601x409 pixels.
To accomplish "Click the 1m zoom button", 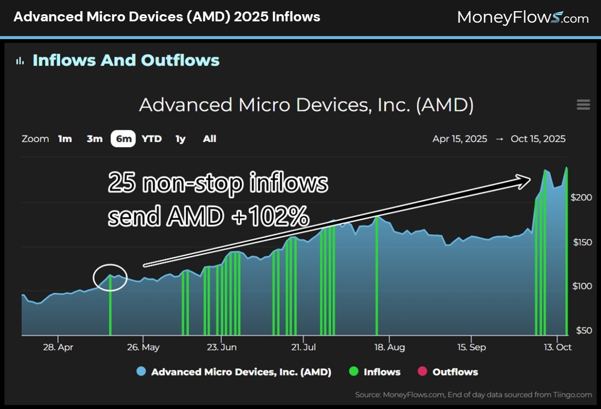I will click(x=65, y=139).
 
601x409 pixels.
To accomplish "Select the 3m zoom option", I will click(x=95, y=139).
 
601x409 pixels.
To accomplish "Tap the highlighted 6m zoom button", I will click(x=123, y=139).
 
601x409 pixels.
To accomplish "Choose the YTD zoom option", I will click(x=151, y=139).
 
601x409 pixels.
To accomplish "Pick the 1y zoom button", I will click(x=180, y=139).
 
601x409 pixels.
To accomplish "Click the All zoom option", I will click(x=209, y=139).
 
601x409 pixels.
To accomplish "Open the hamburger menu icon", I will click(x=583, y=104).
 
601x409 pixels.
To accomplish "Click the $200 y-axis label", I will click(x=581, y=197).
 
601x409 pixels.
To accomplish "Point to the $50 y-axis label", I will click(x=584, y=330).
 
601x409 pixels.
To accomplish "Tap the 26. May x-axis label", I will click(x=143, y=347).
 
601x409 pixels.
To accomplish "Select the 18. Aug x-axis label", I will click(x=390, y=347).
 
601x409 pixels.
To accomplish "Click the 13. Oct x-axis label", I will click(x=557, y=347).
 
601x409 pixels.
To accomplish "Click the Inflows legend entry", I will click(x=381, y=372).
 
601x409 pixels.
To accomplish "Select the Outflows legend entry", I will click(x=454, y=372).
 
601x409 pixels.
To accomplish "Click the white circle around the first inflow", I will click(x=110, y=277).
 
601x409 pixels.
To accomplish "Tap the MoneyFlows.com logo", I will click(x=522, y=18).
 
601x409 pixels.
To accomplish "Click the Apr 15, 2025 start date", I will click(x=460, y=139).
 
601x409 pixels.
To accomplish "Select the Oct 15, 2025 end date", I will click(x=538, y=139).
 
